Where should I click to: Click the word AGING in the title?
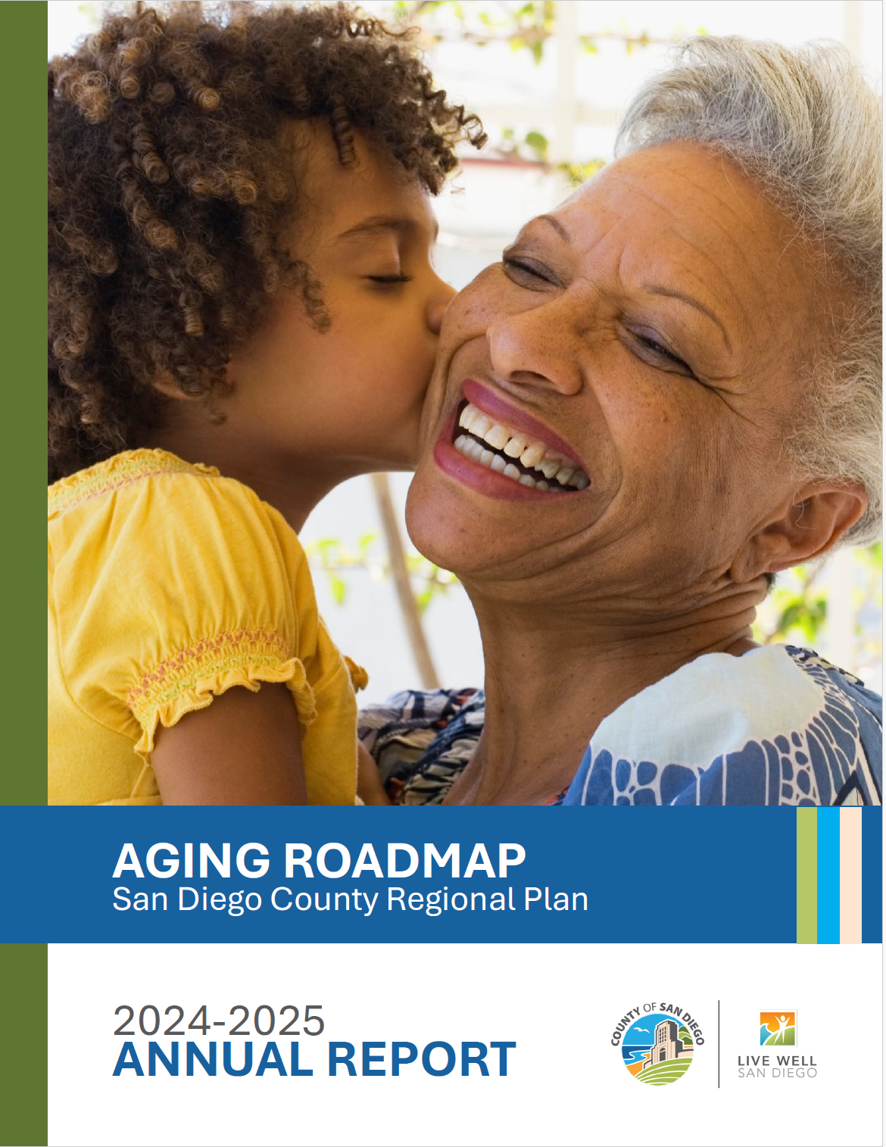tap(191, 861)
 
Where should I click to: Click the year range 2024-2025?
tap(219, 1021)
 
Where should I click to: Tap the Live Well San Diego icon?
tap(778, 1028)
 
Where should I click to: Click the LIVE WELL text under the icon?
tap(778, 1061)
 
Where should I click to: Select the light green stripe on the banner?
tap(806, 875)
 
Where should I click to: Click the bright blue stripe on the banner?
tap(828, 875)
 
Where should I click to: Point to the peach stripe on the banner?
tap(850, 875)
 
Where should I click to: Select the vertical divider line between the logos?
tap(719, 1044)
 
